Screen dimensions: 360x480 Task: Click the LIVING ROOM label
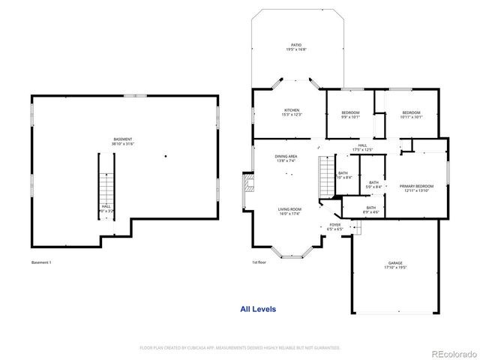tap(290, 211)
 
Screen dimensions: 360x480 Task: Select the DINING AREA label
tap(286, 158)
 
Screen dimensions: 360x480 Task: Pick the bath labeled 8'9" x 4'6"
tap(371, 210)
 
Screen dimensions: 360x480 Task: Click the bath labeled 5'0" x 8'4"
tap(373, 184)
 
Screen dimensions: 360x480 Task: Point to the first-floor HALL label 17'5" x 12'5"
tap(362, 148)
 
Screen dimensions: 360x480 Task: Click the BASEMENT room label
tap(123, 141)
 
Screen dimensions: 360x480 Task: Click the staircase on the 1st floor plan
tap(325, 176)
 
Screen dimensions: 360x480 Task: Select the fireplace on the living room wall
tap(246, 190)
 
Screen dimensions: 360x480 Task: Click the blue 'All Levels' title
tap(258, 309)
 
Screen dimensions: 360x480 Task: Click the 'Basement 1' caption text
tap(41, 262)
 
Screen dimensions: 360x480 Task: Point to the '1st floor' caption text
tap(259, 262)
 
